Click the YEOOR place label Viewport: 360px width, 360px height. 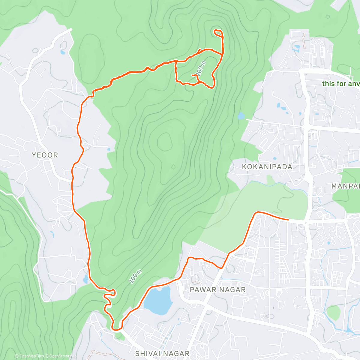pos(45,155)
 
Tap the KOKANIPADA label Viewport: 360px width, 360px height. pos(267,167)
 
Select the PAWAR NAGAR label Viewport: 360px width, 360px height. pos(218,290)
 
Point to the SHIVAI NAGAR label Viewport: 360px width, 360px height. pos(162,353)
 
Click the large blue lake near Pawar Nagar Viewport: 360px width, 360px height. pos(158,300)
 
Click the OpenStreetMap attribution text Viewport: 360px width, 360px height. pos(61,356)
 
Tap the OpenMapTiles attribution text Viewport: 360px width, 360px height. pos(31,356)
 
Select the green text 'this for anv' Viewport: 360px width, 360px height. pos(341,84)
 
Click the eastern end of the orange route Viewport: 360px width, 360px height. pos(288,220)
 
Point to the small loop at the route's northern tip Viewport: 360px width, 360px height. pos(218,33)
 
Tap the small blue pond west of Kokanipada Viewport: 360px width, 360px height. pos(241,115)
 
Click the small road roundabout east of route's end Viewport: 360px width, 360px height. pos(305,223)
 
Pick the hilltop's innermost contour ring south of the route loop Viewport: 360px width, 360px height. pos(164,141)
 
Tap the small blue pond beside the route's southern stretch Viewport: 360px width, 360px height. pos(86,279)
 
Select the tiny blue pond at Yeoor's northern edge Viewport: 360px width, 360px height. pos(62,52)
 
